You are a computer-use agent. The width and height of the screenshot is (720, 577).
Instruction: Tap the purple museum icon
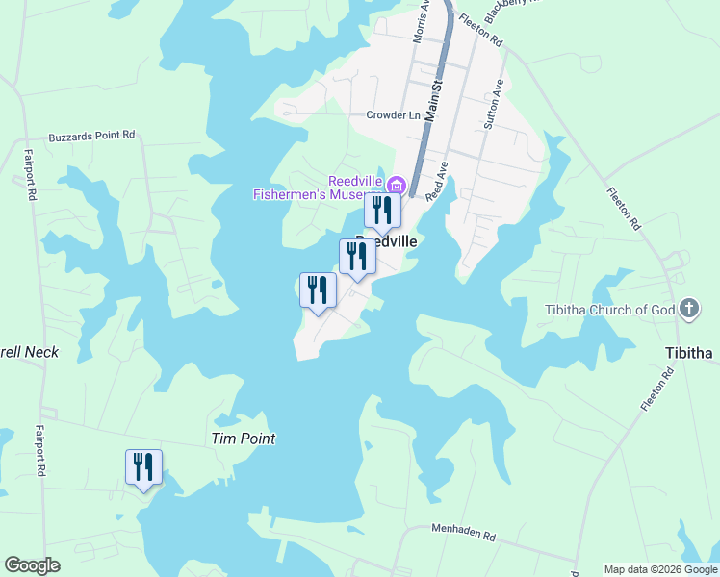[396, 182]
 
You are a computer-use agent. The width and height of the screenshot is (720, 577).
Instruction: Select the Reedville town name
[386, 241]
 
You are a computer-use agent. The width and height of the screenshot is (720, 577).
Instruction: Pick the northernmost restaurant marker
[382, 211]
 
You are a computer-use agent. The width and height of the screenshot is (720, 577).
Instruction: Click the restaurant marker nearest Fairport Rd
[143, 467]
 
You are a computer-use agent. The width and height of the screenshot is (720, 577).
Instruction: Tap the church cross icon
[688, 309]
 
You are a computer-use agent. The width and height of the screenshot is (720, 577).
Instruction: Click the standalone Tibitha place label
[688, 353]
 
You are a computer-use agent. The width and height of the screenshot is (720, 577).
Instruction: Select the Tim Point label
[243, 439]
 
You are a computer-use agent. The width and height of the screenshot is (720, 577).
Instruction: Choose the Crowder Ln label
[393, 115]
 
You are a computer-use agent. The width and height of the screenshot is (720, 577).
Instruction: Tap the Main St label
[434, 100]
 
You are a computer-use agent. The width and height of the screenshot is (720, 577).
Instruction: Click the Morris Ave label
[420, 24]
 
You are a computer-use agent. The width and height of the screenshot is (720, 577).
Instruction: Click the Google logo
[32, 565]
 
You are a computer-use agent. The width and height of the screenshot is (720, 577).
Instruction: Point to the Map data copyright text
[660, 569]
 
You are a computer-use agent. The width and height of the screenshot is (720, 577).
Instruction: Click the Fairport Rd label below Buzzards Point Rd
[31, 173]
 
